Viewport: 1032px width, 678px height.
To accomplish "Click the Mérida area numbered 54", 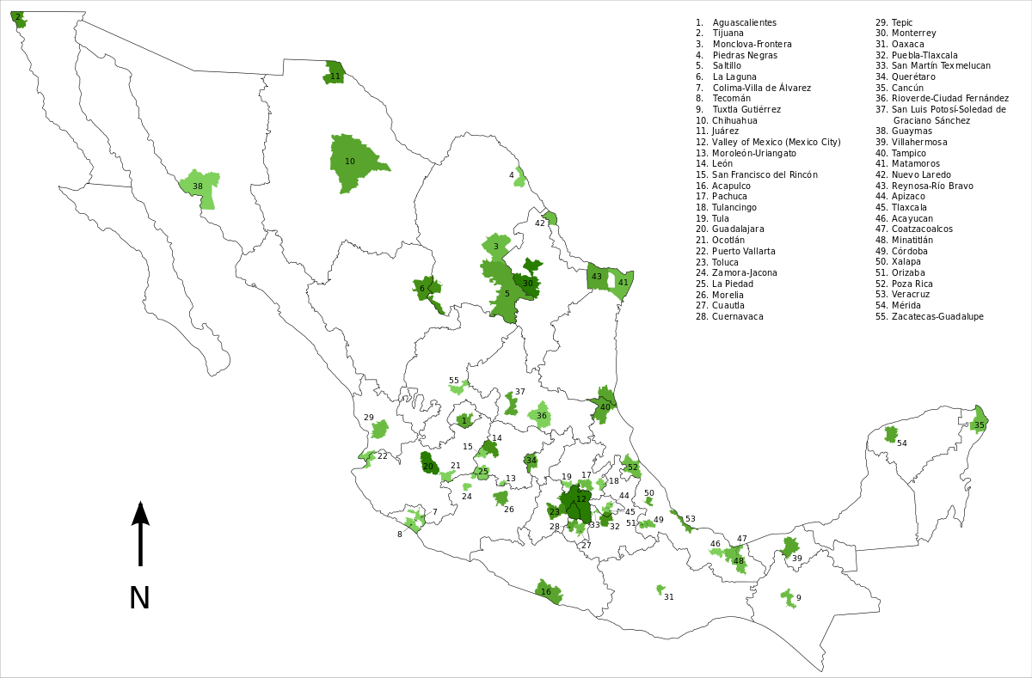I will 891,435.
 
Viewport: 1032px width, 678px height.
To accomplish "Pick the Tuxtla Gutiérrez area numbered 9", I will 788,598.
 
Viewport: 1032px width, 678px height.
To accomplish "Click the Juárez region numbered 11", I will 335,74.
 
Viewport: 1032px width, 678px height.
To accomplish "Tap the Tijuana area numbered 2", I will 18,19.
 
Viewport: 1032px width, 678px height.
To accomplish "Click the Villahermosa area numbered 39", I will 790,547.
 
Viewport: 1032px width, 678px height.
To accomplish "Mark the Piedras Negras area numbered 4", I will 519,177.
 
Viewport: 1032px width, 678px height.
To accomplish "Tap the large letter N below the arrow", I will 139,598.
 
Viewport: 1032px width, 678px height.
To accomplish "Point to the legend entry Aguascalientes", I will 744,22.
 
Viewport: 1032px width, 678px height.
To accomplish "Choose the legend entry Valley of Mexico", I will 776,142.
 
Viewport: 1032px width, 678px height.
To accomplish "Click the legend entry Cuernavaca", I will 737,316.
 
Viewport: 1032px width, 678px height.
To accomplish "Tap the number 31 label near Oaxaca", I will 668,596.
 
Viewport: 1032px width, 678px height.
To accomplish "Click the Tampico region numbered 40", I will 604,404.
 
